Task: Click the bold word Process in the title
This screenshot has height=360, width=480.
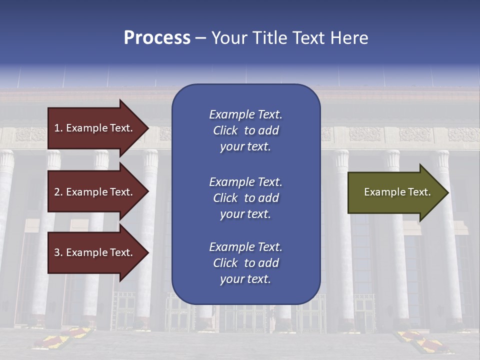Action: (x=157, y=38)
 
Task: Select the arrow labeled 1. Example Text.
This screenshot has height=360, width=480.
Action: (x=95, y=128)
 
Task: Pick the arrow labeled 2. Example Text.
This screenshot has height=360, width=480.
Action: (x=95, y=192)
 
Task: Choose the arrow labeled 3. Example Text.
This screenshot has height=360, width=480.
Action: (x=95, y=252)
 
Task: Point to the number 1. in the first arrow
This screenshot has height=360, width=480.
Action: (x=58, y=128)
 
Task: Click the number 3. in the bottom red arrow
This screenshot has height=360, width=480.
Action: (x=58, y=252)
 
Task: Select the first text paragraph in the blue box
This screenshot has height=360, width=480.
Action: (x=245, y=130)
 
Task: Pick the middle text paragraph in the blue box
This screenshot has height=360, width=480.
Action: (x=245, y=197)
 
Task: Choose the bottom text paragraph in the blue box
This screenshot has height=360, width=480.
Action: (x=245, y=263)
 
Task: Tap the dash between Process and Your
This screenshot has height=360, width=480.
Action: (x=200, y=38)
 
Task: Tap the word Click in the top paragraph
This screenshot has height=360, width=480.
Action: (x=225, y=130)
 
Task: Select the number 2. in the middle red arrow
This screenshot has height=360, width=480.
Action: (x=58, y=192)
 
